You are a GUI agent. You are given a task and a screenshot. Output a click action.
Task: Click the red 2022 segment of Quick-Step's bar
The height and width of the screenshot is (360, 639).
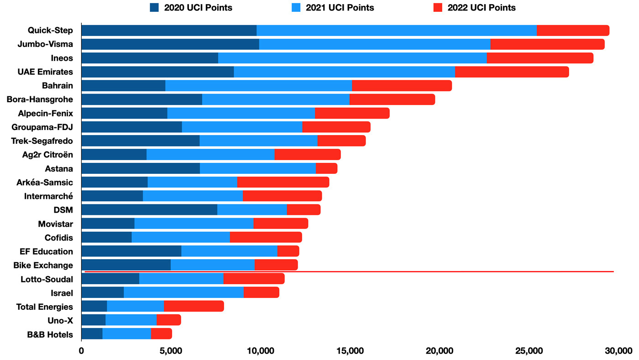[x=573, y=31]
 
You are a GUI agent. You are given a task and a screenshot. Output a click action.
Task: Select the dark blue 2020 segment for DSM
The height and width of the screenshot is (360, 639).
[x=149, y=210]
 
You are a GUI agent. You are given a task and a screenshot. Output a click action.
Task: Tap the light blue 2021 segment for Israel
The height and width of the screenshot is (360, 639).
[x=183, y=292]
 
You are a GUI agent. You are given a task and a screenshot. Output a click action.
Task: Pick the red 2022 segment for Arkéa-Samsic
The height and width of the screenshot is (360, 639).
[x=283, y=182]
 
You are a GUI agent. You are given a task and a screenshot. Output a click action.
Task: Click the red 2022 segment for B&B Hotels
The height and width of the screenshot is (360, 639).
[x=162, y=334]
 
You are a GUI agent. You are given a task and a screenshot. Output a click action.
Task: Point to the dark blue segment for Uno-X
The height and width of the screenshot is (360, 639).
[x=93, y=320]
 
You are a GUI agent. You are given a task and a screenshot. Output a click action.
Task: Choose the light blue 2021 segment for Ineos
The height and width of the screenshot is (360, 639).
[x=352, y=58]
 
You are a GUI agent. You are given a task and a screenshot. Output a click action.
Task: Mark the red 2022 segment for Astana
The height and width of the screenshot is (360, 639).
[x=326, y=168]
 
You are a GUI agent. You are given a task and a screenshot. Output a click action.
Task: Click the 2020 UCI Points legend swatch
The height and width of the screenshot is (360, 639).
[x=154, y=8]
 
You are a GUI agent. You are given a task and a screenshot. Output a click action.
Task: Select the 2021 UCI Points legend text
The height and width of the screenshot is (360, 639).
[x=340, y=8]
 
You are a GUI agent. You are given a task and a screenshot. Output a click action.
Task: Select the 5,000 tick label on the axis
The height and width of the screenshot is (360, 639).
[x=171, y=351]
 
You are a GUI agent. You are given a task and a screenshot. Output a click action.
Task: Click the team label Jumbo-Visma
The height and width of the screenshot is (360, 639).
[x=45, y=44]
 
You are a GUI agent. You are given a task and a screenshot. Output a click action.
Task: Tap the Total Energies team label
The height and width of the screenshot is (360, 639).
[x=44, y=307]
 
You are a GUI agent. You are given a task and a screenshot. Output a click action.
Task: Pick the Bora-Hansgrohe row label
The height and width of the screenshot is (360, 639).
[x=40, y=99]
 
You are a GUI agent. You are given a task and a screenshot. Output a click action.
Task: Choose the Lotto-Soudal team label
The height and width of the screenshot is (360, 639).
[x=47, y=279]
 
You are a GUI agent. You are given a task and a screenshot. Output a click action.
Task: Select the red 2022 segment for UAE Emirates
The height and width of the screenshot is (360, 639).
[x=512, y=72]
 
